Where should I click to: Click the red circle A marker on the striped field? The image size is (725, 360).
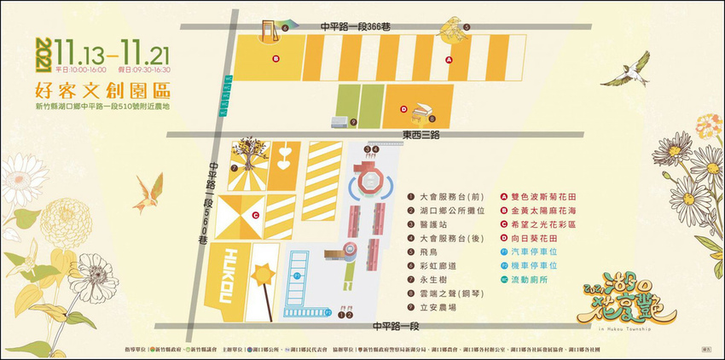449,60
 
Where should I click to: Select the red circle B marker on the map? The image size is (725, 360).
275,59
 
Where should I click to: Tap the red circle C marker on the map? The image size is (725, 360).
255,216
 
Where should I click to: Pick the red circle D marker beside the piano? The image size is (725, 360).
403,108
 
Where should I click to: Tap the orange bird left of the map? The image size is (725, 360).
151,192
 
